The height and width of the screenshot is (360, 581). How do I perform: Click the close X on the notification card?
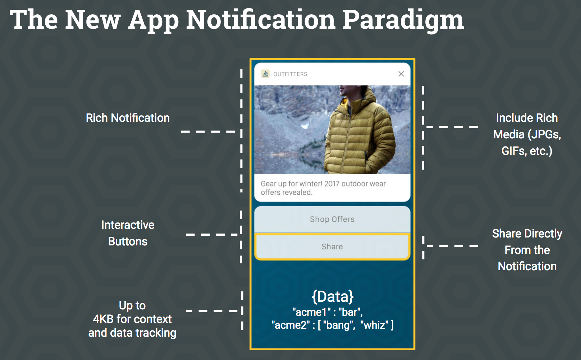click(401, 74)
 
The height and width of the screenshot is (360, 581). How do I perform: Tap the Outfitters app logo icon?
click(265, 74)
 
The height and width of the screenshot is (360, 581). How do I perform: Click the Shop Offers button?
click(332, 219)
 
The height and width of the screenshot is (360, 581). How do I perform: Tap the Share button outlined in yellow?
click(332, 247)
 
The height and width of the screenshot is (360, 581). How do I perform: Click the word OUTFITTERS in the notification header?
click(290, 74)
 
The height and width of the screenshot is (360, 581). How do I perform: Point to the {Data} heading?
click(333, 296)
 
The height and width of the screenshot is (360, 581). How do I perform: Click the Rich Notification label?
click(128, 118)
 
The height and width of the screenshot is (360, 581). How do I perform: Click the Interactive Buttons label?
click(128, 233)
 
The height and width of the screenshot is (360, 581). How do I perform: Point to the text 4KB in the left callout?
click(103, 319)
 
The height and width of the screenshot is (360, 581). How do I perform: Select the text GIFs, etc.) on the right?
click(527, 151)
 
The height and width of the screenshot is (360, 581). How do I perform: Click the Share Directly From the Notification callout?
click(527, 250)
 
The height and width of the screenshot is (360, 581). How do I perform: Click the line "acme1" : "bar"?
click(328, 312)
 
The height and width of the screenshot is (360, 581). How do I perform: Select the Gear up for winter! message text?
click(323, 188)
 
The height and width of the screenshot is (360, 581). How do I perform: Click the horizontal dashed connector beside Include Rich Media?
click(452, 127)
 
